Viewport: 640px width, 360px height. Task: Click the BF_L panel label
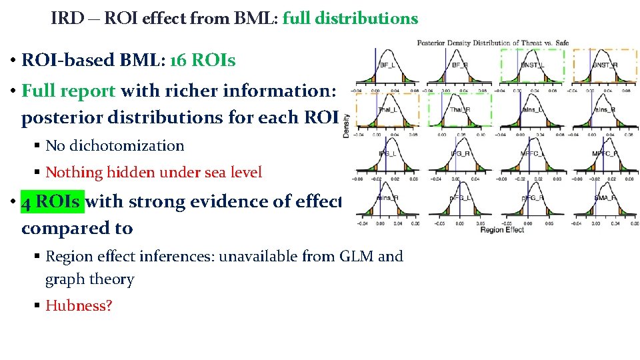(x=387, y=65)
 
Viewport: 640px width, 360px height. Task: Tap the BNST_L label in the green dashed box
(x=533, y=65)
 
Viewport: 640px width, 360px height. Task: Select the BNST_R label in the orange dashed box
(x=605, y=65)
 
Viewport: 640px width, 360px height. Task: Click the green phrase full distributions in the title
(x=350, y=19)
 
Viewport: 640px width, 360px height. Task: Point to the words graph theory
(x=89, y=279)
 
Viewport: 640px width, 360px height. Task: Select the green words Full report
(x=69, y=90)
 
